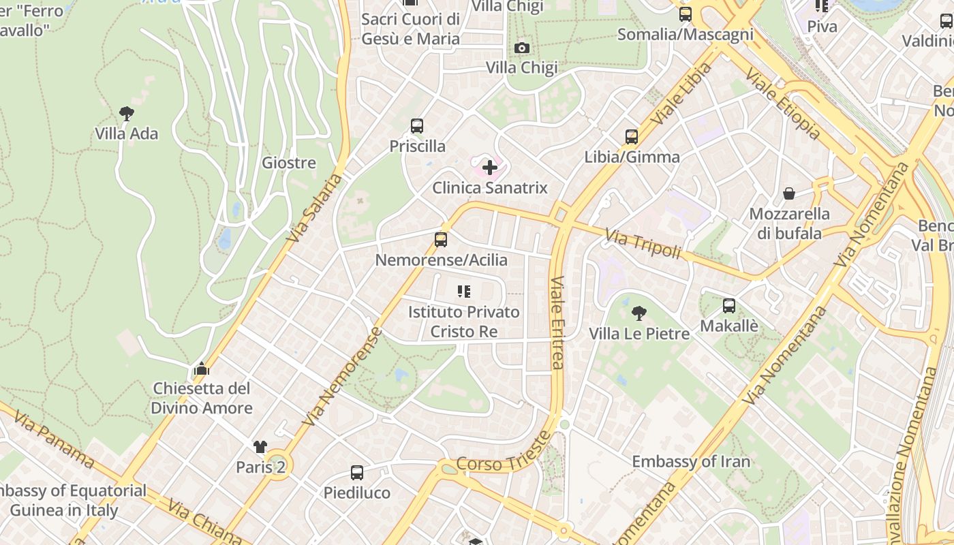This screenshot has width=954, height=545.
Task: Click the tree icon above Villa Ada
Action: pos(126,113)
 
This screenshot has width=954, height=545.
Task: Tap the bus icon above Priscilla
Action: pos(417,126)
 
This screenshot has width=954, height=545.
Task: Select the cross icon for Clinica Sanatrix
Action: pos(489,167)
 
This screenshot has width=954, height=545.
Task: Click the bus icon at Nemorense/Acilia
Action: pos(441,240)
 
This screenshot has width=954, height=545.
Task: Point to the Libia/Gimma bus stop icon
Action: pos(632,137)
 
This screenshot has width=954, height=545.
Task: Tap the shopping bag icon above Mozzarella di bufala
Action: pos(789,194)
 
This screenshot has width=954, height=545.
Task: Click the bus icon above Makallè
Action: pos(729,306)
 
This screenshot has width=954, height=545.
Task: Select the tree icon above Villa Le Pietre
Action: pos(639,313)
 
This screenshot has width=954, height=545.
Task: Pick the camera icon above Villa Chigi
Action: pos(522,48)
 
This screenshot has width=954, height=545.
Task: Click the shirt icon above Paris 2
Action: pos(260,447)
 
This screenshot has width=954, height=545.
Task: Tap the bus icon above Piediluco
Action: pos(356,472)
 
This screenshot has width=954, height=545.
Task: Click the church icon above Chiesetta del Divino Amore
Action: pos(201,369)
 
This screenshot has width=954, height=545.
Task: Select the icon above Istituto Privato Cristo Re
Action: pos(464,292)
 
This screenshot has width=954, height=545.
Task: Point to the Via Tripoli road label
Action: pos(643,244)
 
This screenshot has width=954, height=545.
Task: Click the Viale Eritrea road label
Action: pos(557,323)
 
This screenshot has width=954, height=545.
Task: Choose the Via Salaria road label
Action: pos(314,208)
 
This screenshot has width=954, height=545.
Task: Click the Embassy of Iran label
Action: pos(691,461)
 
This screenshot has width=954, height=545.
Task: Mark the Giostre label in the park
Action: pos(289,163)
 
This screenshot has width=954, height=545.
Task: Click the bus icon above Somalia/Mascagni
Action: pos(686,14)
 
